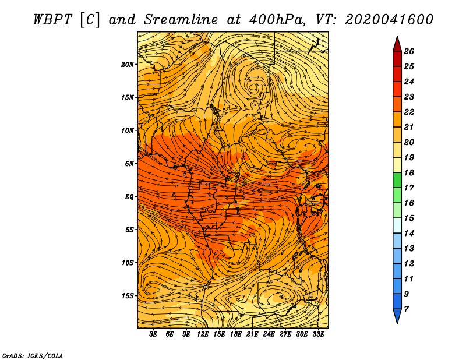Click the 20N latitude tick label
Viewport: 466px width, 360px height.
point(127,64)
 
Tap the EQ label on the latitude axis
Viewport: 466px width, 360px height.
point(129,196)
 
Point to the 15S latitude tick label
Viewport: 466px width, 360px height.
point(127,296)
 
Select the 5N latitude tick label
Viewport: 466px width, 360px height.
point(129,164)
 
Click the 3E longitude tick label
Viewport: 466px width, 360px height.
point(153,334)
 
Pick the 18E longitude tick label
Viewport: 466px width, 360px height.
point(235,334)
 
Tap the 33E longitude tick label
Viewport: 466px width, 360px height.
point(318,334)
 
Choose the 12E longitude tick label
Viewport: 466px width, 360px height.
point(202,334)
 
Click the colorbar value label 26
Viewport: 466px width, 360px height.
point(409,51)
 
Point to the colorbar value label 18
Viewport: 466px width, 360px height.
point(409,172)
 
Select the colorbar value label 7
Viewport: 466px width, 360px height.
point(406,309)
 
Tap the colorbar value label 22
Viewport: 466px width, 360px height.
point(409,112)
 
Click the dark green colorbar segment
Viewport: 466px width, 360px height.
point(397,180)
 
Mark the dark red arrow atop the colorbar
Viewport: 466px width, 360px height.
point(397,45)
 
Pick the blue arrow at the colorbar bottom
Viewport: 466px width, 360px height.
point(397,316)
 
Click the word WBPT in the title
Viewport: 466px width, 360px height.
point(53,20)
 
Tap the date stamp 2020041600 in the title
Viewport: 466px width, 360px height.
point(389,20)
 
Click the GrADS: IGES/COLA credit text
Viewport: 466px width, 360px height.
point(33,355)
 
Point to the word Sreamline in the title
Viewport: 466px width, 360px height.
point(181,20)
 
